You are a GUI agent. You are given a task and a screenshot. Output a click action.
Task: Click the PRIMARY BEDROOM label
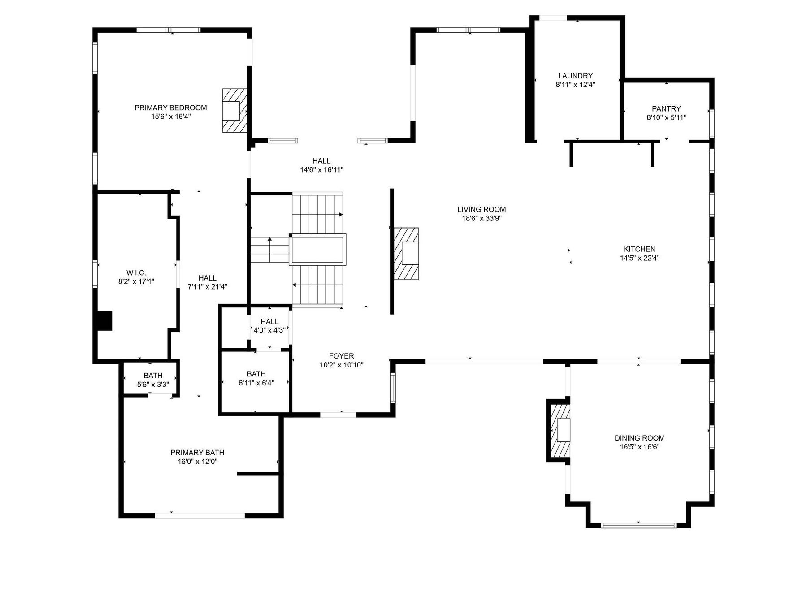[x=171, y=108]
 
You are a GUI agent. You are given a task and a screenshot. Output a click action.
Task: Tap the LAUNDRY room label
[x=575, y=76]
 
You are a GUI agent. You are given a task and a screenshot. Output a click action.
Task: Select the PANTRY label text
[x=666, y=108]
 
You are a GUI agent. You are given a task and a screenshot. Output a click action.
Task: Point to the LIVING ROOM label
[x=482, y=209]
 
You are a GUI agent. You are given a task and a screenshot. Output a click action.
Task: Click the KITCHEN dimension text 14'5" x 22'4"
[x=640, y=258]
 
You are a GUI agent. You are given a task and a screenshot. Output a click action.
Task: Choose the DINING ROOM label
[x=639, y=438]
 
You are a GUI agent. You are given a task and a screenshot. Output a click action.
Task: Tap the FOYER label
[x=341, y=356]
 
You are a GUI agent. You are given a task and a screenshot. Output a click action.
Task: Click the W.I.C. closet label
[x=136, y=273]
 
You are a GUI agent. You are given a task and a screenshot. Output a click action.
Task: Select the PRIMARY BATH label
[x=197, y=453]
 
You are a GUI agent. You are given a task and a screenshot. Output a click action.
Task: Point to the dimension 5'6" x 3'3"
[x=153, y=385]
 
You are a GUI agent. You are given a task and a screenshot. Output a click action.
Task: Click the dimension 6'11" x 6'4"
[x=256, y=383]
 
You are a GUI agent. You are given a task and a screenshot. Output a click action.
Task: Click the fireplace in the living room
[x=406, y=254]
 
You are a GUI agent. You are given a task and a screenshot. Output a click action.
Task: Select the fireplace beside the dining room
[x=559, y=431]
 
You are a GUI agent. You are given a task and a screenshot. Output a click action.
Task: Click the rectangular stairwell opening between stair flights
[x=318, y=250]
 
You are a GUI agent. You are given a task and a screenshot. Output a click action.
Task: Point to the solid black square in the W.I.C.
[x=104, y=321]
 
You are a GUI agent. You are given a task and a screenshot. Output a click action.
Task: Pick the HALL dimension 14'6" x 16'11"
[x=321, y=170]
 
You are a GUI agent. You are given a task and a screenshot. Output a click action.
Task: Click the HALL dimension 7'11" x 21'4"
[x=207, y=287]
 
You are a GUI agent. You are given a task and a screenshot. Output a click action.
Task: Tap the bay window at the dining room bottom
[x=638, y=525]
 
